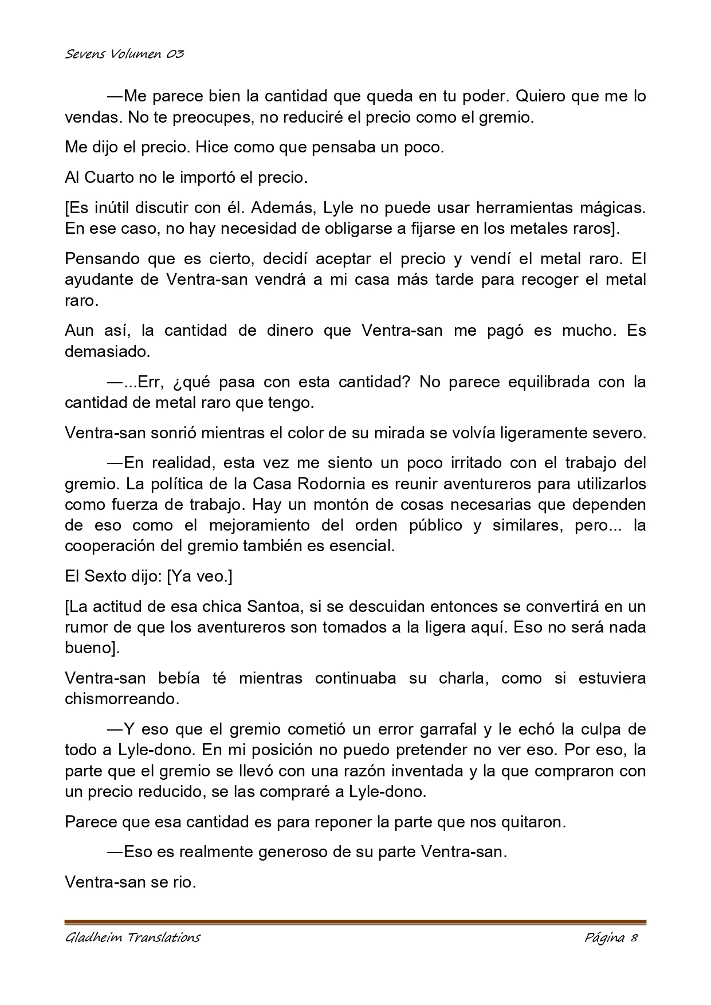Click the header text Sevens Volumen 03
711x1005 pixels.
(x=124, y=54)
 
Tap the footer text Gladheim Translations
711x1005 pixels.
(x=132, y=937)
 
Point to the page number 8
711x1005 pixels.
(x=634, y=937)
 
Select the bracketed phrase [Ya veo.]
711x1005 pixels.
(x=199, y=576)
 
